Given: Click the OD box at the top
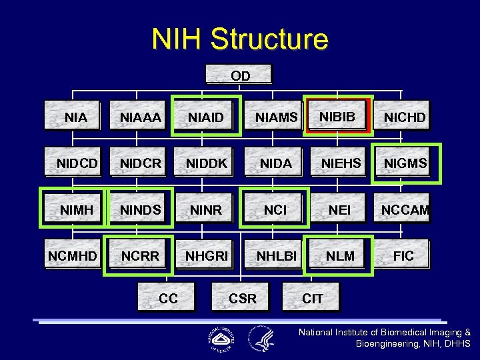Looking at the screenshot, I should coord(240,75).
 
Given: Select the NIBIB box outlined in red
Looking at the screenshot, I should coord(336,116).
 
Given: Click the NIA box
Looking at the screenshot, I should coord(75,117).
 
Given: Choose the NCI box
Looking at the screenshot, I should coord(275,209).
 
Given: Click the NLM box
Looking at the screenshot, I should coord(339,255).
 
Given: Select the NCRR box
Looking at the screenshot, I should coord(139,255).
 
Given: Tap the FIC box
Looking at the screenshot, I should coord(403,255).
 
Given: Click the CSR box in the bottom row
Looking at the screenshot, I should coord(242,298).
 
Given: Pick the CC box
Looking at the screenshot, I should coord(168,298).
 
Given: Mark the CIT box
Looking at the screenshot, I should coord(312,298).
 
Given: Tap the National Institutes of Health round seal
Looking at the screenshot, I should coord(221,339).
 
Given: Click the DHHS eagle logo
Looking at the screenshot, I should coord(261,339).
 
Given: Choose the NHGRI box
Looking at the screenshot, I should coord(206,255).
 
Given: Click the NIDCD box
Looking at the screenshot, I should coord(75,163).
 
